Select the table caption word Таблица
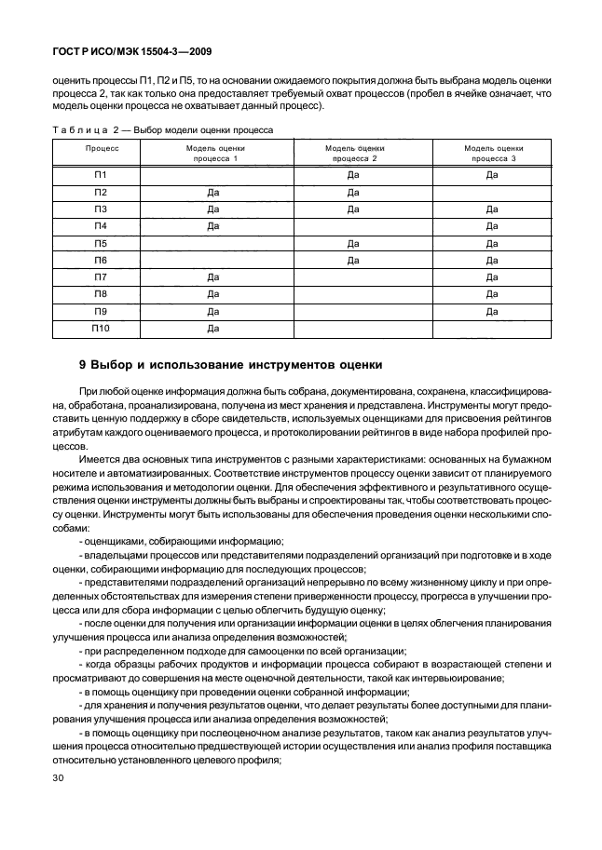[88, 129]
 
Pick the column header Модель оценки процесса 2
[354, 154]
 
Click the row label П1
[101, 175]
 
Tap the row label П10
[101, 328]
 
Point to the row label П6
[101, 260]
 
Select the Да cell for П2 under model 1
[213, 192]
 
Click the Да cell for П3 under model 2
[353, 209]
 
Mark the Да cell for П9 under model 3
[491, 311]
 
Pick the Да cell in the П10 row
[213, 328]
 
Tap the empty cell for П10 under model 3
[491, 328]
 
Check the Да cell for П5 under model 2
[353, 243]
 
